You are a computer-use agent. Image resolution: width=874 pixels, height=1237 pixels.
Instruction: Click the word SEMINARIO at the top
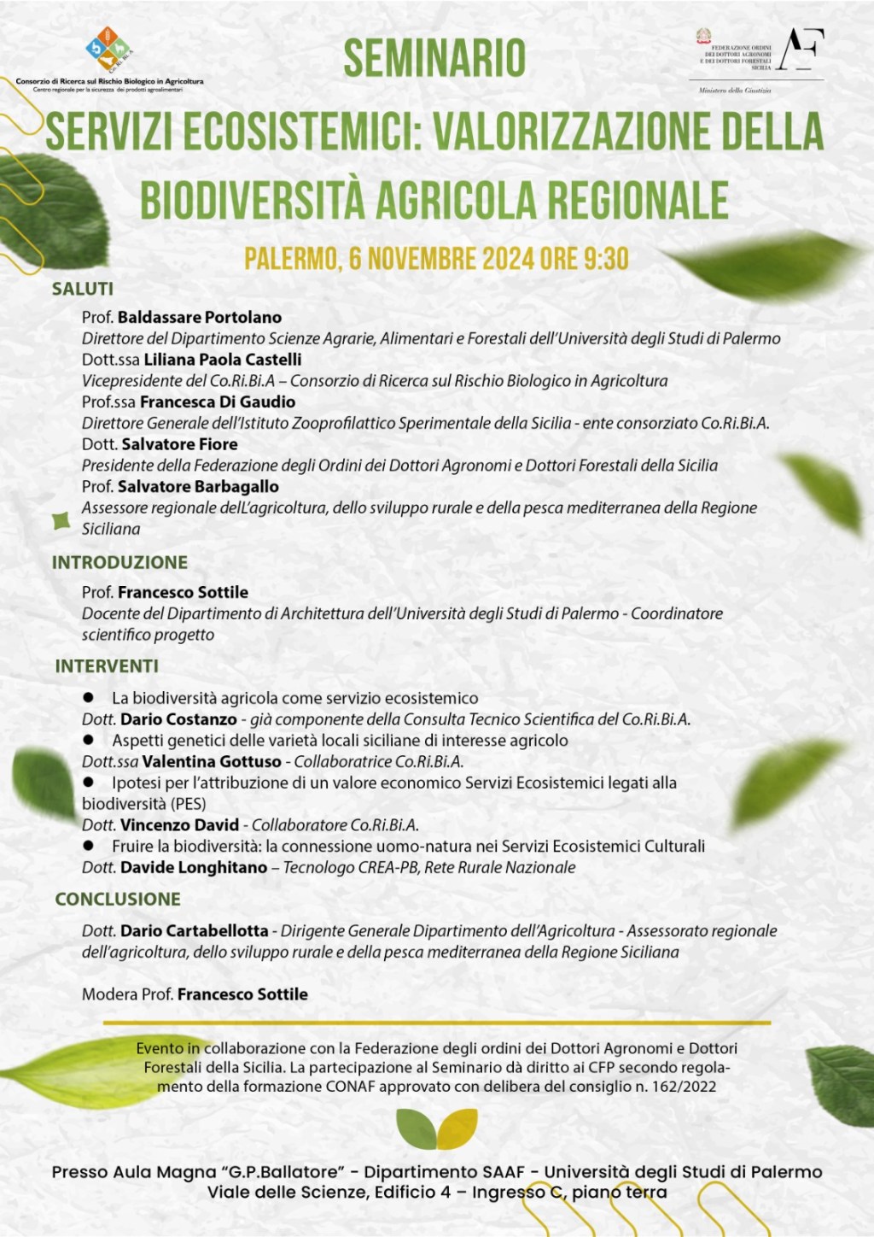tap(434, 58)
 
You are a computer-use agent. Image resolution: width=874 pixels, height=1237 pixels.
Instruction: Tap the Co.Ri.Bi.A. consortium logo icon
tap(109, 49)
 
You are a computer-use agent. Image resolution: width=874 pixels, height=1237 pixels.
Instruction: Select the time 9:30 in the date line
tap(606, 259)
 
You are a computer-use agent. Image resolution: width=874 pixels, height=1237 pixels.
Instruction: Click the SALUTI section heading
tap(83, 289)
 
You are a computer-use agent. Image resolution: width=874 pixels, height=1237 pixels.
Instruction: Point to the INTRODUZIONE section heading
tap(119, 562)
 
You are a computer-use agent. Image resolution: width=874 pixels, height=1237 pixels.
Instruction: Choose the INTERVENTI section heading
tap(107, 665)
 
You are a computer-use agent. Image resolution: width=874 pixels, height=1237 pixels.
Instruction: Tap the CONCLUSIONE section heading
tap(118, 899)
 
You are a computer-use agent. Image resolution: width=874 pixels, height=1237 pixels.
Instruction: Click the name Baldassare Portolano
tap(200, 317)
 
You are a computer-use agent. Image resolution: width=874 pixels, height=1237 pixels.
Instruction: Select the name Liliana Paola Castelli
tap(222, 360)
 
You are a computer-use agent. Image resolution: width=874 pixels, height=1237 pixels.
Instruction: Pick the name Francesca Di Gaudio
tap(218, 402)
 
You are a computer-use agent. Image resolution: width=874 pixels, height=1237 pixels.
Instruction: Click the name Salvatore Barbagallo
tap(198, 486)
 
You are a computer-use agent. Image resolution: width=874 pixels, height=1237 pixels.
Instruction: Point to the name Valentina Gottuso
tap(212, 761)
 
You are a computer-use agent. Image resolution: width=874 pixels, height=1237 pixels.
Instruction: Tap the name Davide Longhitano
tap(194, 867)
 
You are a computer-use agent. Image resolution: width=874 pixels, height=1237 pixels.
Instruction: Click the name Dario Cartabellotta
tap(194, 930)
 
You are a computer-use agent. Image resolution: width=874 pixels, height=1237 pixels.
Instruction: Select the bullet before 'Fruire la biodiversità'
tap(89, 846)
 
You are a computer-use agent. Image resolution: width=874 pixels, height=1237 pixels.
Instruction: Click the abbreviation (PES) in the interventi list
tap(188, 803)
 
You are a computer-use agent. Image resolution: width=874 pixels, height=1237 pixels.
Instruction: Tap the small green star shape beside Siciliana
tap(61, 520)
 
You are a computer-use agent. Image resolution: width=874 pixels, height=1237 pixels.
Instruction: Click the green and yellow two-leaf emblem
tap(436, 1129)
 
